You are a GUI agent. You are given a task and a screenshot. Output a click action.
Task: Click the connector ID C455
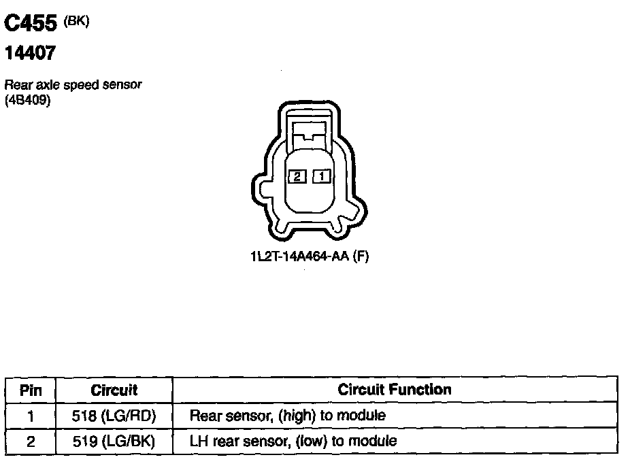[31, 24]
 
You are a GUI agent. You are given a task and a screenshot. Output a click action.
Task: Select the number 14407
[31, 53]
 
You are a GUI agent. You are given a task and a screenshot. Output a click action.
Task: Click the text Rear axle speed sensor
[73, 86]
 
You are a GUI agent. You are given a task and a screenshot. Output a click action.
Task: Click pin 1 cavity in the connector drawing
[321, 176]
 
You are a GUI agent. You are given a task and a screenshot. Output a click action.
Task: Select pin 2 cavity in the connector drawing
[297, 176]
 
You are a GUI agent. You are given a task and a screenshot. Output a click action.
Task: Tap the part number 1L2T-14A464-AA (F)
[309, 257]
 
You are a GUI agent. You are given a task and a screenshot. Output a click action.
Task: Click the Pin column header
[31, 390]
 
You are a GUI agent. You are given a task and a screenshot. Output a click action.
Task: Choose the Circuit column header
[114, 390]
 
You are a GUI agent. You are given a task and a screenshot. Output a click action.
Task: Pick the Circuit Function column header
[395, 390]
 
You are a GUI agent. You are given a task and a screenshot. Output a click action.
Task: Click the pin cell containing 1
[31, 416]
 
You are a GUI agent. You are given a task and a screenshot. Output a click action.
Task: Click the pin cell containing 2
[31, 441]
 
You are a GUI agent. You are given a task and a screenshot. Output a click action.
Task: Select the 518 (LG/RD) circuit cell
[114, 416]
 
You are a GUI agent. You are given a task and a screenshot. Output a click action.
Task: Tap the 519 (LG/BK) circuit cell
[114, 441]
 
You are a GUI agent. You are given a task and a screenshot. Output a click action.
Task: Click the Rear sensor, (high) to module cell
[287, 416]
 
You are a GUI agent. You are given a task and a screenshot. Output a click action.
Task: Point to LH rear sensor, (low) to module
[293, 441]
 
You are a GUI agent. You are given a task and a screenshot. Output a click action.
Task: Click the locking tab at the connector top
[310, 129]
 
